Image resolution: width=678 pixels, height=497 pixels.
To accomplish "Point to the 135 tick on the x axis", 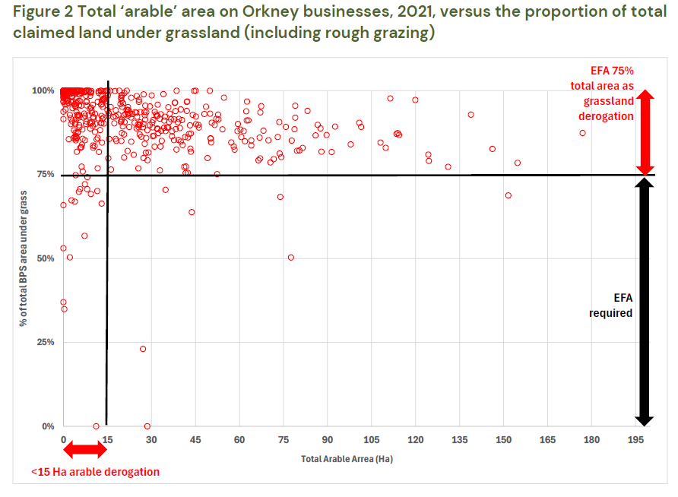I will (x=460, y=440).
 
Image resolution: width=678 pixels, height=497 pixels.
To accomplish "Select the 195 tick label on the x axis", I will (x=635, y=440).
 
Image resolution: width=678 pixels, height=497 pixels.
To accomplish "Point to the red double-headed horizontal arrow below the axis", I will (x=84, y=450).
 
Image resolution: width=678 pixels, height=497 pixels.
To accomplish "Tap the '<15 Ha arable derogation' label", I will (x=95, y=472).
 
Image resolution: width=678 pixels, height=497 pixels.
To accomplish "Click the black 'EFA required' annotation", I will (x=610, y=305).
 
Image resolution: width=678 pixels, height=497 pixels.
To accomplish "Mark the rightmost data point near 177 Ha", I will (x=583, y=133).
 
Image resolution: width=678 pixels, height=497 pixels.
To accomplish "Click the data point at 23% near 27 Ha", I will (x=143, y=349).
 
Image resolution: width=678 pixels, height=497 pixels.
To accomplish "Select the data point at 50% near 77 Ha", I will (x=290, y=258).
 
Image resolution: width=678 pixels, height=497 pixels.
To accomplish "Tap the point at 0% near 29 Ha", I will (x=147, y=426).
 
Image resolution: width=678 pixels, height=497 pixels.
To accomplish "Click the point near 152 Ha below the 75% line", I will (x=508, y=195).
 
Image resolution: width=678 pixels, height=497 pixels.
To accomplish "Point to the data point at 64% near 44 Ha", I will (x=192, y=212).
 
